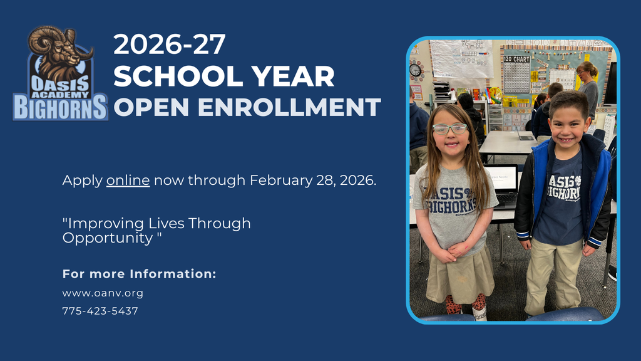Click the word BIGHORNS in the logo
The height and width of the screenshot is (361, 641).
(61, 107)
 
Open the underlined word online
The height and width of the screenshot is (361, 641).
(128, 180)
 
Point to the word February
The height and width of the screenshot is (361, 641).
(282, 180)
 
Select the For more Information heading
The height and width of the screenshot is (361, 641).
(139, 274)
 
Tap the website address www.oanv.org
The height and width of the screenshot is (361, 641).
(103, 293)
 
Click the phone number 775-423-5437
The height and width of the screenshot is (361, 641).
(100, 311)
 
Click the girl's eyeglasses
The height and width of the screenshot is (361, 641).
(449, 128)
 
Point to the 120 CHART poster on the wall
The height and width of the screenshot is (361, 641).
(517, 75)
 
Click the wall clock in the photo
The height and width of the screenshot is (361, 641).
(416, 70)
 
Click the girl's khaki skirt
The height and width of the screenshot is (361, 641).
(459, 276)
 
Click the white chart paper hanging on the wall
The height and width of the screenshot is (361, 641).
(461, 58)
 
